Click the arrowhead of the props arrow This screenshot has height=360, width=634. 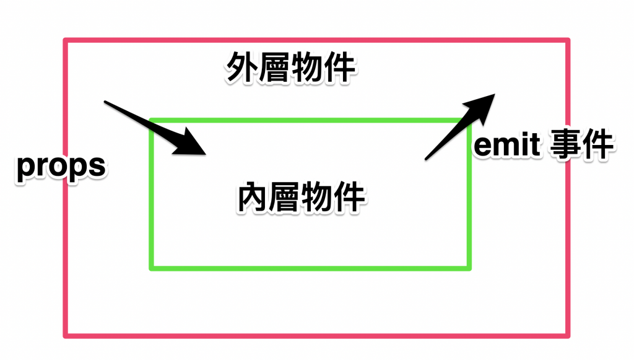click(196, 146)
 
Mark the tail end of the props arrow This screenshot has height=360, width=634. click(105, 102)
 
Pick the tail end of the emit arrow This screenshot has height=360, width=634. click(426, 159)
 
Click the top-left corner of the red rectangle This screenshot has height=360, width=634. click(66, 41)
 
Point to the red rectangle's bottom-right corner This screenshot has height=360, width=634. click(568, 336)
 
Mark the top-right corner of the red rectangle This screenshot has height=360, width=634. click(568, 41)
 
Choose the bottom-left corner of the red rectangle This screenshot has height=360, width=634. click(66, 336)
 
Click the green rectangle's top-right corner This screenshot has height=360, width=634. click(469, 120)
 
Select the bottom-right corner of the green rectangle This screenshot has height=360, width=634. click(469, 268)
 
